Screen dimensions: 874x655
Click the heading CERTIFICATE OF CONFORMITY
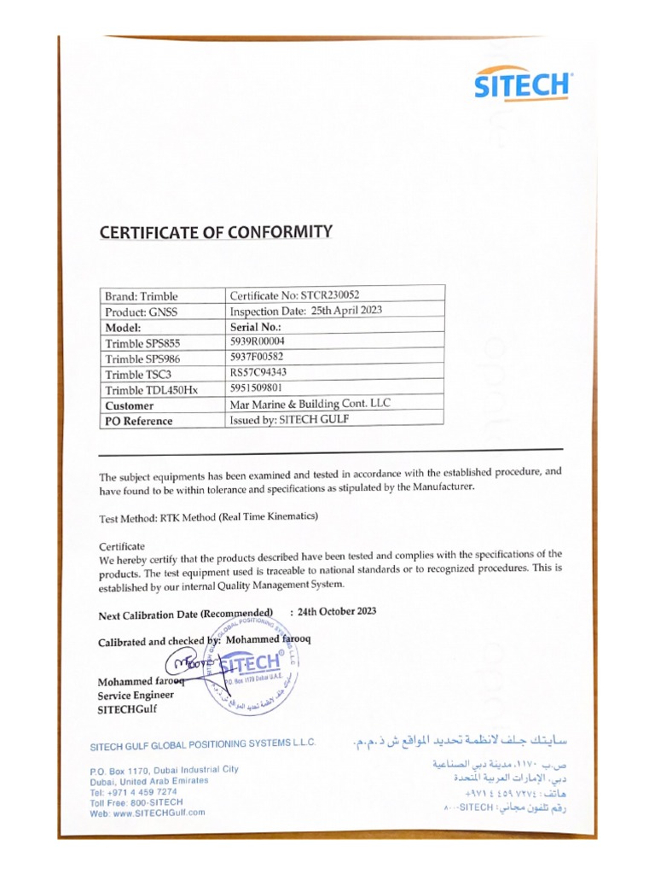216,231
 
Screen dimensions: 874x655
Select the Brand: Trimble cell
142,295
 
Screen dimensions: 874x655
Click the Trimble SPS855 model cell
143,343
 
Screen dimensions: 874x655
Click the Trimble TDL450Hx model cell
151,390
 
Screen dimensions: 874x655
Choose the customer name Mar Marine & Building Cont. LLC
310,404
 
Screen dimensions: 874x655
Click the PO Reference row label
138,421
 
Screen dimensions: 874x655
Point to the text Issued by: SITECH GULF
290,419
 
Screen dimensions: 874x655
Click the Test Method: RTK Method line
209,517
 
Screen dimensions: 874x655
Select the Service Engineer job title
136,695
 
